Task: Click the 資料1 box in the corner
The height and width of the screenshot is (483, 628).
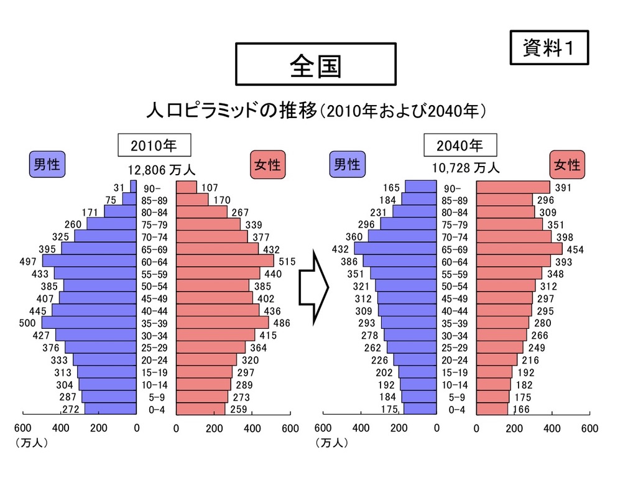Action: [x=548, y=47]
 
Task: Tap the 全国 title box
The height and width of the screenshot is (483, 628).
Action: [x=315, y=64]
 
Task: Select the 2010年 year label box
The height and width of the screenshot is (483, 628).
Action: [x=154, y=145]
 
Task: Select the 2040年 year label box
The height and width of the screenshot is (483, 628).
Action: [x=460, y=145]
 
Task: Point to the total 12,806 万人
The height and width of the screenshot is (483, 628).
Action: [x=162, y=169]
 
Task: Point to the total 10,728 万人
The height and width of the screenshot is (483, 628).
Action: [x=466, y=168]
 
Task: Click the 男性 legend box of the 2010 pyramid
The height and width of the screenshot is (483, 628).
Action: [x=47, y=165]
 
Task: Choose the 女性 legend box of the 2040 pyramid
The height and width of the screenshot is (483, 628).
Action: [x=567, y=165]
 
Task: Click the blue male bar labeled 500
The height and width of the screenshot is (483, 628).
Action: [x=89, y=323]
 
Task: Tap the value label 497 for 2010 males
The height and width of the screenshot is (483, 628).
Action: [x=28, y=262]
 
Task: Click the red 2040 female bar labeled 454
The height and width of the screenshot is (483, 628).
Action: [x=519, y=249]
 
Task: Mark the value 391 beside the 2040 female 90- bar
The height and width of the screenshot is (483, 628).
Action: [x=563, y=188]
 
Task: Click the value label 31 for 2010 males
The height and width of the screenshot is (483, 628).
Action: [x=119, y=188]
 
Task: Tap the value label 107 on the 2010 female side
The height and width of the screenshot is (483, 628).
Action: [x=210, y=188]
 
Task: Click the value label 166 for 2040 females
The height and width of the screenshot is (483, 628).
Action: [x=522, y=409]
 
